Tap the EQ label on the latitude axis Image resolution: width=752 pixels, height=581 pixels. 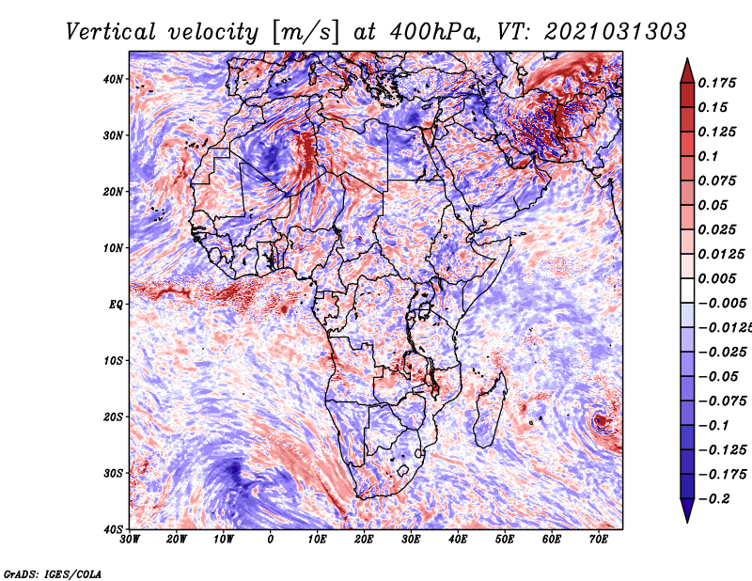(115, 305)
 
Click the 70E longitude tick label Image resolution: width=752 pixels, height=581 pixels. (598, 540)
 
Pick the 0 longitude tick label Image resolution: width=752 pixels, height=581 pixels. (271, 540)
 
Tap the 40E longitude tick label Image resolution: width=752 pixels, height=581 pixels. (458, 540)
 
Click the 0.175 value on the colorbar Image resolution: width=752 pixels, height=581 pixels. (716, 83)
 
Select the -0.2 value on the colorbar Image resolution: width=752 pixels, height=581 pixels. (711, 498)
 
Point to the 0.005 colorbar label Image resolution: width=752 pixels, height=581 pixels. (716, 278)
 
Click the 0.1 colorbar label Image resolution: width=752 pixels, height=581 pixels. (708, 156)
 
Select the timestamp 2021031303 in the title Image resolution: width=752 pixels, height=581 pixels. (601, 31)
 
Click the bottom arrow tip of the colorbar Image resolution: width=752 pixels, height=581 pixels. (686, 519)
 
